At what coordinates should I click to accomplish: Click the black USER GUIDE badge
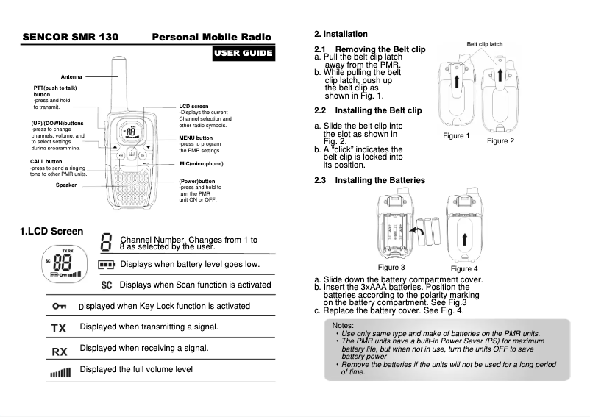tap(244, 53)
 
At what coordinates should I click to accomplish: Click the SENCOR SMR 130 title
tap(71, 37)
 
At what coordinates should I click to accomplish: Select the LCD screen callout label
tap(193, 107)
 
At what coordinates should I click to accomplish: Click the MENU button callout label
tap(195, 138)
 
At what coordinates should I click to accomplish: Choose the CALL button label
tap(46, 161)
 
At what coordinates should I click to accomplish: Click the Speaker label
tap(66, 185)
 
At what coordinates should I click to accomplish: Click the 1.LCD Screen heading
tap(51, 232)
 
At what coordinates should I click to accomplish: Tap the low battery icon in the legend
tap(107, 264)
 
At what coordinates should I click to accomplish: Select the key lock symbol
tap(59, 306)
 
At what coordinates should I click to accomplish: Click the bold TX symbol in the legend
tap(59, 327)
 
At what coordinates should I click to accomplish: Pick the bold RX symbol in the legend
tap(59, 351)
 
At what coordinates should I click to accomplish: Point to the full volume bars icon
tap(60, 372)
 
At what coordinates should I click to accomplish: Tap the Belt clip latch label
tap(484, 44)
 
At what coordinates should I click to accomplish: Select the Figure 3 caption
tap(391, 267)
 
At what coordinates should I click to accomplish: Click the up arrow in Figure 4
tap(465, 239)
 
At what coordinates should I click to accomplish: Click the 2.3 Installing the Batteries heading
tap(369, 180)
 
